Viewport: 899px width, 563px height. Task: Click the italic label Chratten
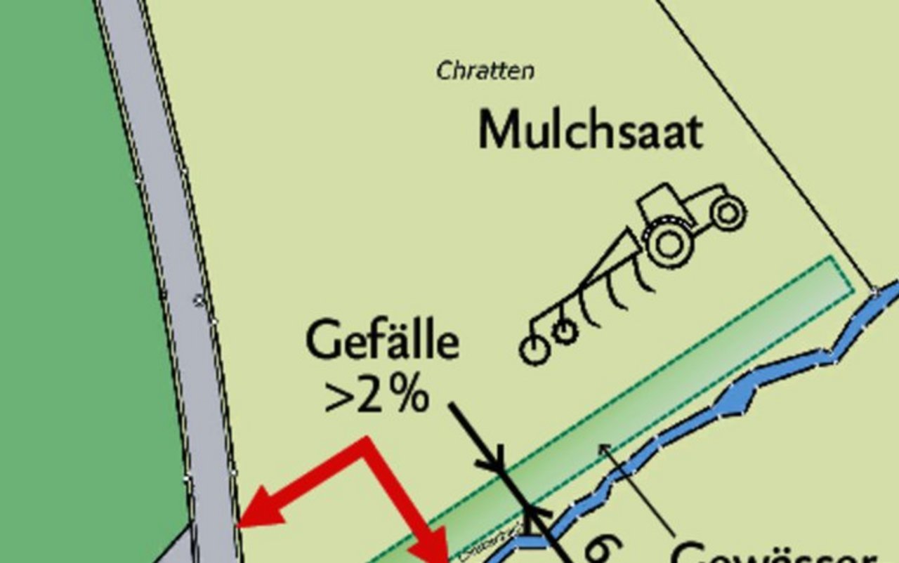[485, 71]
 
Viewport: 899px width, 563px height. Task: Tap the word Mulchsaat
[590, 131]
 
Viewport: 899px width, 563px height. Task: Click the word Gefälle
[383, 343]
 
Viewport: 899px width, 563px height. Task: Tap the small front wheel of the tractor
[728, 212]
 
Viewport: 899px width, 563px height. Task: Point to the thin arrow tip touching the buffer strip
[603, 447]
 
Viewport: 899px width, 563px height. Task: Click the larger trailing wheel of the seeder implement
[534, 349]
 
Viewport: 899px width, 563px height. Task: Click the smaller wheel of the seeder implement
[564, 331]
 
